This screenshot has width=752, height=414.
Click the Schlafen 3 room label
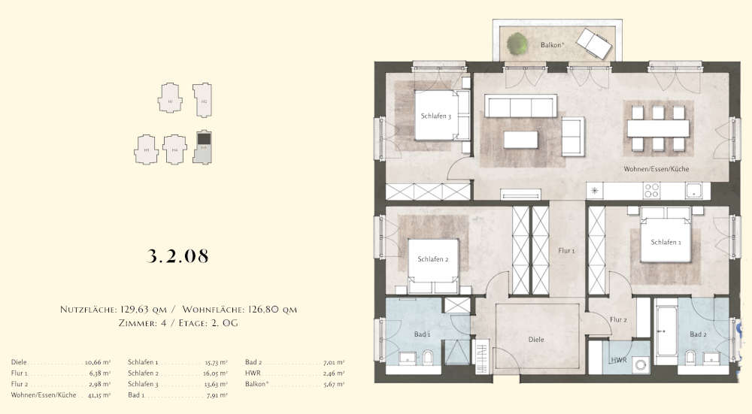(435, 116)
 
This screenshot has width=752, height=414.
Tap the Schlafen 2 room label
(432, 259)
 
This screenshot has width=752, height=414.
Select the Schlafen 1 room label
(666, 242)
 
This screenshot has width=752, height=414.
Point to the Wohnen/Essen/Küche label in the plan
(656, 169)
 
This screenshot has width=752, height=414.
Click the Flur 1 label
(566, 251)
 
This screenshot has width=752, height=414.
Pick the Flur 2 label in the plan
(618, 320)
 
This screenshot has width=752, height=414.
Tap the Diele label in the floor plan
(535, 340)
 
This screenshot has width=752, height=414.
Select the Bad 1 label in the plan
(423, 334)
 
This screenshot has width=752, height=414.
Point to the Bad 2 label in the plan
(698, 334)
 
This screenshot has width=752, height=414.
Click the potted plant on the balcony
(517, 44)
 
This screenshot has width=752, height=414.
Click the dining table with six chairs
(658, 128)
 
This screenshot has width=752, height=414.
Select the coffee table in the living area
(521, 140)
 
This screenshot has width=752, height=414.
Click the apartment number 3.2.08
(177, 255)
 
